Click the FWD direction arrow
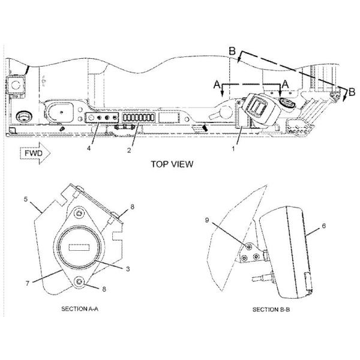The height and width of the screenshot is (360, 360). [35, 153]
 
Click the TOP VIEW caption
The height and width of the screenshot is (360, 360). [172, 164]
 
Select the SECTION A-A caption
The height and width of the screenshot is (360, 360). [80, 309]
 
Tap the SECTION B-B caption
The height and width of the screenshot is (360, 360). [271, 310]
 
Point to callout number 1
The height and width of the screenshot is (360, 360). [233, 149]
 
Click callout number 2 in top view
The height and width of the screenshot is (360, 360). [129, 150]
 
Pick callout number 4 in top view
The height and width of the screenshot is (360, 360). [89, 148]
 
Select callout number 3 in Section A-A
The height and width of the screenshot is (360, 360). [128, 269]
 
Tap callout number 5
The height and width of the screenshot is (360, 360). [26, 199]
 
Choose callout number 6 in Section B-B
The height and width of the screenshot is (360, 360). [324, 226]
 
